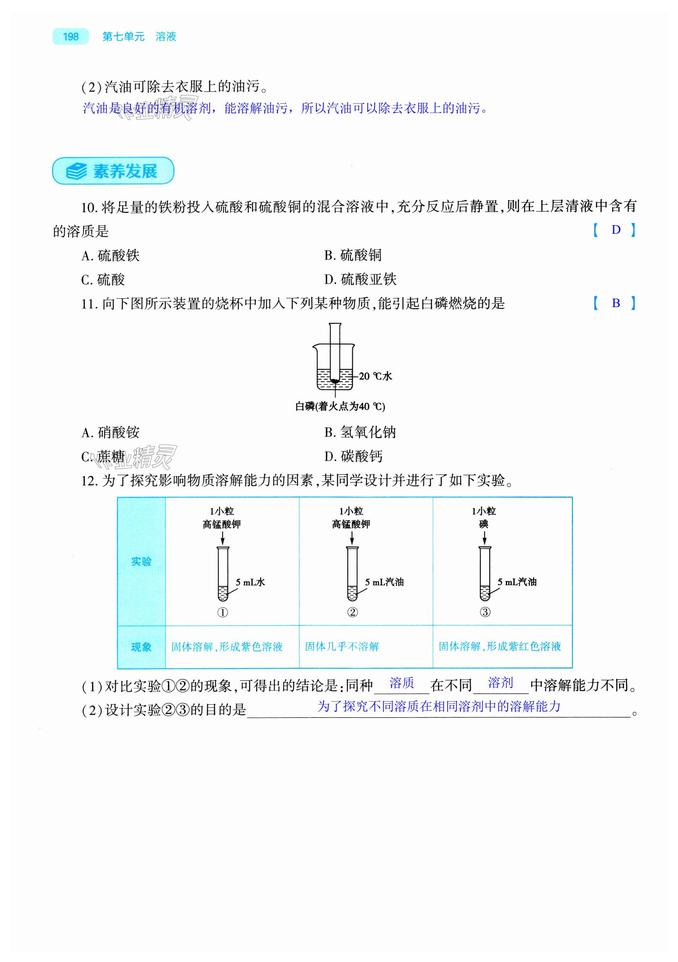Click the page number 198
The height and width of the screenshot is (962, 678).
point(71,36)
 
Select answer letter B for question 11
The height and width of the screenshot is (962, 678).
point(615,303)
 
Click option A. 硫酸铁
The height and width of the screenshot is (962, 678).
point(110,255)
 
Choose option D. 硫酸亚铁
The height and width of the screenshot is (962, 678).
point(360,279)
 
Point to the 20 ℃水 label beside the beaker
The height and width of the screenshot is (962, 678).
point(375,376)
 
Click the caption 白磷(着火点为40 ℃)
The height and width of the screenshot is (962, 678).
point(340,406)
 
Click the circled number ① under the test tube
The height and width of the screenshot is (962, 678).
point(222,612)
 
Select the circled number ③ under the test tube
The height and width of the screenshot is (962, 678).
point(485,612)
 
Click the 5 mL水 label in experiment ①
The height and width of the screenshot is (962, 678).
point(250,582)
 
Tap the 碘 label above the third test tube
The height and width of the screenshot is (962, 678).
point(483,524)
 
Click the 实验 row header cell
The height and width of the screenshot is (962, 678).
point(141,562)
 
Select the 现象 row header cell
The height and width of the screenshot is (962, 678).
point(141,647)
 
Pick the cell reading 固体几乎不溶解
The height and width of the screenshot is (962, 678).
point(342,647)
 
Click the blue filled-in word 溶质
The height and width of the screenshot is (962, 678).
point(402,683)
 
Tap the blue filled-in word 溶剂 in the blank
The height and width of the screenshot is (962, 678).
point(500,683)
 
